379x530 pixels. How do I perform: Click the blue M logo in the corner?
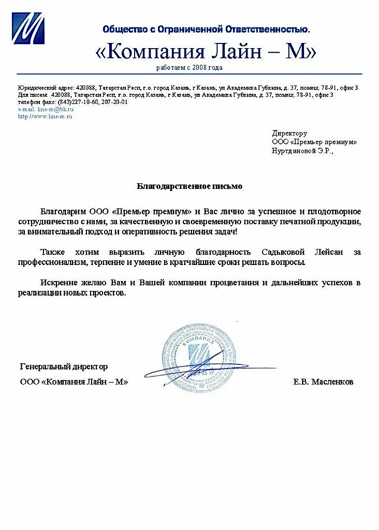[x=28, y=29]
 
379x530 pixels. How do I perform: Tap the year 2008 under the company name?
[x=201, y=68]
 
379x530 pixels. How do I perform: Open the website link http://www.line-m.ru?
[x=45, y=116]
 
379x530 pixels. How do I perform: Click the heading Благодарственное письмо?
[x=189, y=185]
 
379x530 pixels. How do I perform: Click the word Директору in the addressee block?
[x=289, y=134]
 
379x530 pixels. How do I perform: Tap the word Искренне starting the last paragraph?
[x=60, y=283]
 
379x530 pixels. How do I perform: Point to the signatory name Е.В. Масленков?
[x=323, y=382]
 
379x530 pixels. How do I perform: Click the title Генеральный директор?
[x=64, y=366]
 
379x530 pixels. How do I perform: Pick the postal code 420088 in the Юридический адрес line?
[x=85, y=88]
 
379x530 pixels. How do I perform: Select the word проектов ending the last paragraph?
[x=108, y=293]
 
